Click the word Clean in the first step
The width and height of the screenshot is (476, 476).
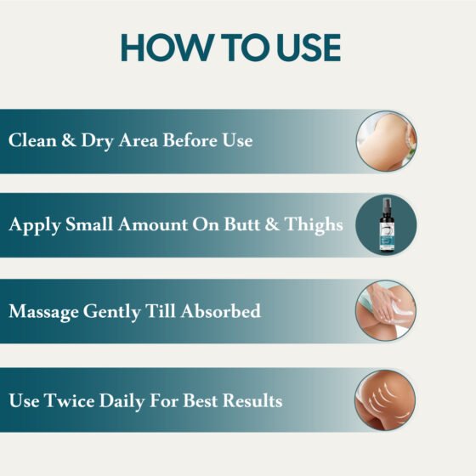pos(31,140)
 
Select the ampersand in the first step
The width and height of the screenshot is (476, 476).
pos(68,140)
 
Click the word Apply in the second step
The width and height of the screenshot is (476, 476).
pos(31,226)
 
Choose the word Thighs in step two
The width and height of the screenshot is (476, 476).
pos(315,225)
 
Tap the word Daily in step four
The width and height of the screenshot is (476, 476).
pos(123,399)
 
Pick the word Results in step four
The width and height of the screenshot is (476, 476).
pos(252,399)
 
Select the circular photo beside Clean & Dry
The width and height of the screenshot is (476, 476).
pos(386,141)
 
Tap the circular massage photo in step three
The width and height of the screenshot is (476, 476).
pos(386,311)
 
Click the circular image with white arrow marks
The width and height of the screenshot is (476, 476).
pos(386,399)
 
